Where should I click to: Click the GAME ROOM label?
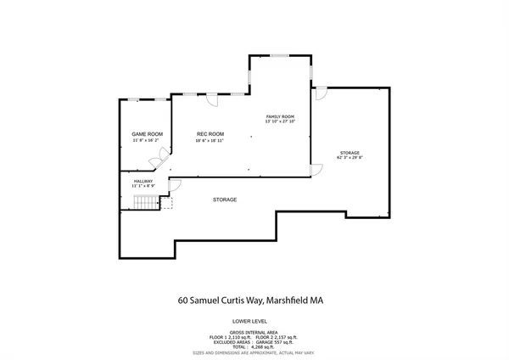(x=146, y=134)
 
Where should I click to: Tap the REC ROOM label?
(x=210, y=133)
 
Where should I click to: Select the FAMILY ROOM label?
(x=280, y=115)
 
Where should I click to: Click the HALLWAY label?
(x=143, y=181)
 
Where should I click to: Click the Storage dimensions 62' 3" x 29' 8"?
(x=350, y=158)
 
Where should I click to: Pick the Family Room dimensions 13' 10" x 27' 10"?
(x=280, y=121)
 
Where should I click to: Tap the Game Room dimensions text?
(x=146, y=142)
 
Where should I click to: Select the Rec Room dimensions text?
(x=210, y=141)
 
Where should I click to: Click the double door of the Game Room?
(x=168, y=158)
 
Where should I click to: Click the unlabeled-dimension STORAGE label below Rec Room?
(x=225, y=200)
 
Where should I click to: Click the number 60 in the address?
(x=183, y=300)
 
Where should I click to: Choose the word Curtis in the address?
(x=244, y=300)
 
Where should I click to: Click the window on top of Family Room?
(x=280, y=56)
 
